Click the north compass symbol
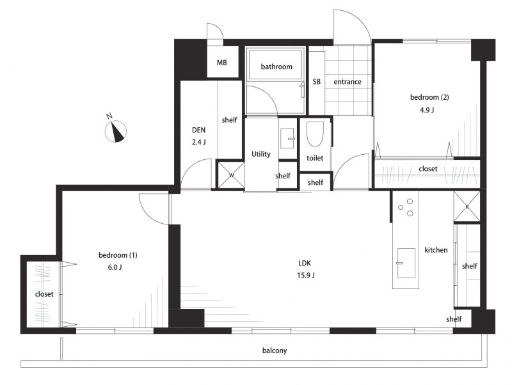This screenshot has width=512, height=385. coord(116,131)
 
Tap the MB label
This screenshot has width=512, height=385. coord(221,62)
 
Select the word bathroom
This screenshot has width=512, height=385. coord(276,67)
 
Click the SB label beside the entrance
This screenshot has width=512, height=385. coord(316,82)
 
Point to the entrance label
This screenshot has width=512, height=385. coord(348,82)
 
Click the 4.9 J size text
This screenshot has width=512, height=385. coord(427,110)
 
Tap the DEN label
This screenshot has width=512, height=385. coord(198,130)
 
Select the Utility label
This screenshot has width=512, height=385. coord(261,154)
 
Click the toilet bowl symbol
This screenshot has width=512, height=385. coord(315,134)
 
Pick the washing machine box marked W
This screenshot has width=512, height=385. coord(231,175)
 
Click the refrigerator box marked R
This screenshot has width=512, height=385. coord(467,207)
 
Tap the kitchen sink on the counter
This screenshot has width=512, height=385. coord(406,263)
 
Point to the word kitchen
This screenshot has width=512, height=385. coord(436,250)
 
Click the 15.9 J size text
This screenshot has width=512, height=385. coord(306,275)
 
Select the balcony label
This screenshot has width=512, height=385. coord(275,350)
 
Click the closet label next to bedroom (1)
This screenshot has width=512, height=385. coord(44,294)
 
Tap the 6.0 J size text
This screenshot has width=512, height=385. coord(115,267)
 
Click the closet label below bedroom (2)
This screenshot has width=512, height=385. coord(428,169)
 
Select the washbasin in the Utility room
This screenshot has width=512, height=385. coord(287,139)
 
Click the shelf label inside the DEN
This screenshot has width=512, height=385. coord(229,120)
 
